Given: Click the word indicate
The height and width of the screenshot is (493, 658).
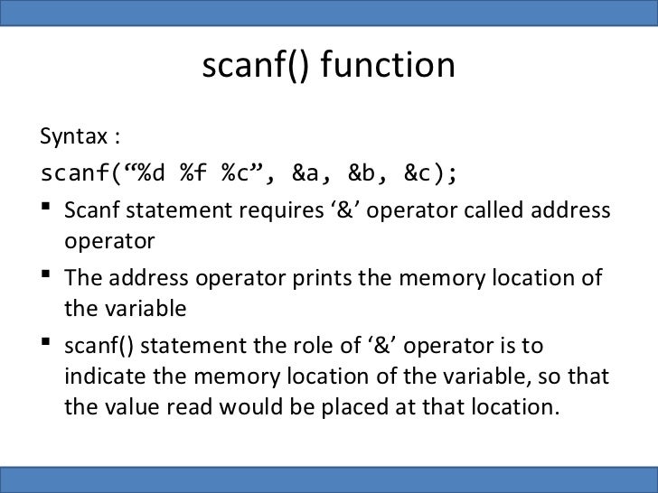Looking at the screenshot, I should pos(99,376).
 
